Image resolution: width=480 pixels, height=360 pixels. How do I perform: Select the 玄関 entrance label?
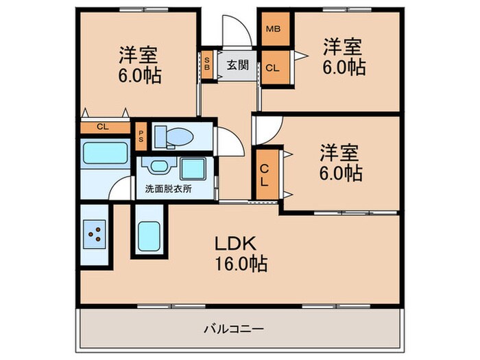(237, 66)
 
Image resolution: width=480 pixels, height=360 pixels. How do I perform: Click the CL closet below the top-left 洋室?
(103, 127)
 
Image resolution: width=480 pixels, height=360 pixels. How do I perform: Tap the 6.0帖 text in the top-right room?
(344, 68)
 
